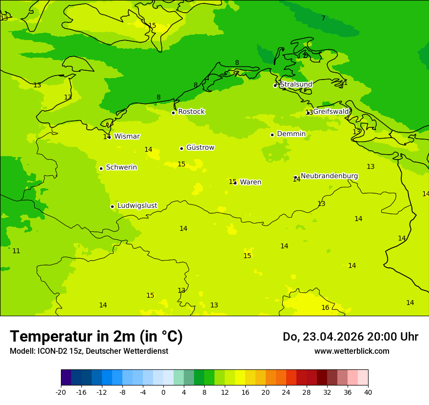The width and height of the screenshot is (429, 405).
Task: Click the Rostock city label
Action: point(191,112)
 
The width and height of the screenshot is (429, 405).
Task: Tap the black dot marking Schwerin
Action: point(101,168)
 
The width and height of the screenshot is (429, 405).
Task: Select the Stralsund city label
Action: point(296,84)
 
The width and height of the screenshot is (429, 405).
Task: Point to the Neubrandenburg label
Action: point(329,176)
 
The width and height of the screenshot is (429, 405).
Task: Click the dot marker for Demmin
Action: point(272,135)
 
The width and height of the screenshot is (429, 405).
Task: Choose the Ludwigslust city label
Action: point(137,206)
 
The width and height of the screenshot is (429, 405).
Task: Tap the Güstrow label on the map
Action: point(200,147)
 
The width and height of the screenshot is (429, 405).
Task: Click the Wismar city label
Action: point(127,137)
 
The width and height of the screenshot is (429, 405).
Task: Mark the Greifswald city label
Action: point(331,112)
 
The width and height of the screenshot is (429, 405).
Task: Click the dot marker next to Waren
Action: point(235,182)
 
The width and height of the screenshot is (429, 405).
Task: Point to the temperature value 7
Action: point(323,19)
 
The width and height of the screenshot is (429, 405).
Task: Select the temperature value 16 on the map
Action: point(325,308)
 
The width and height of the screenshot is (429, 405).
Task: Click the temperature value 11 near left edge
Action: point(16,251)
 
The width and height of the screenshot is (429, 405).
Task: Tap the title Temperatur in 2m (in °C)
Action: point(96,337)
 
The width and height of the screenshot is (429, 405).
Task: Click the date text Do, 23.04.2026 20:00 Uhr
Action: point(350,337)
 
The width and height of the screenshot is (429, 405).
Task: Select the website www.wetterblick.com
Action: point(351,351)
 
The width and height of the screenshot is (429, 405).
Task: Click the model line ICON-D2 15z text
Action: point(89,351)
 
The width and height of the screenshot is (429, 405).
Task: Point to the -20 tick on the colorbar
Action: point(61,392)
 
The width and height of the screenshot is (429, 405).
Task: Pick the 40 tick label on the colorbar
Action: point(368,392)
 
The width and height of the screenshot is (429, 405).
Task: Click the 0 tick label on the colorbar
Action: point(163,392)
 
